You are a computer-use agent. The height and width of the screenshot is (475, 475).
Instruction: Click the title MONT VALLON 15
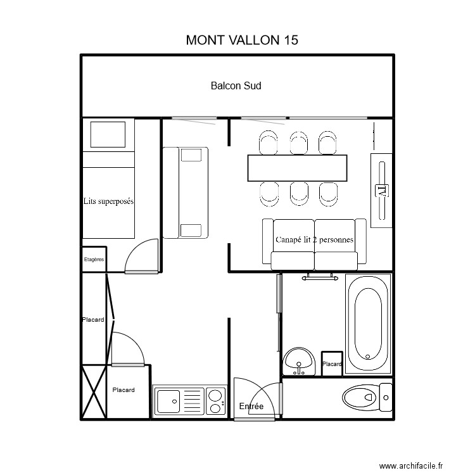click(x=242, y=39)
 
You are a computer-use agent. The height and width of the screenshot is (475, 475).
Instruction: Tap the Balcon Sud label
click(x=236, y=85)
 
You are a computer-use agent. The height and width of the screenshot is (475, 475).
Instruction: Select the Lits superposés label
click(x=109, y=201)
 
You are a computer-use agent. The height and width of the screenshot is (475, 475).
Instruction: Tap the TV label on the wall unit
click(x=381, y=189)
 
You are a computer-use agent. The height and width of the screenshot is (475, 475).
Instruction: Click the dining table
click(x=298, y=168)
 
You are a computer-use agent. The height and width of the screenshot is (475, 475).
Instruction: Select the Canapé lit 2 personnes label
click(x=314, y=239)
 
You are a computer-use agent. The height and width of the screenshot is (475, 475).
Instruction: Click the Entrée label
click(x=251, y=407)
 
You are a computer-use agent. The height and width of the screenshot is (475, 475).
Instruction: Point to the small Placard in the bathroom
click(x=332, y=364)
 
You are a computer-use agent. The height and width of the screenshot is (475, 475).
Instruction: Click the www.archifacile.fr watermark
click(x=411, y=466)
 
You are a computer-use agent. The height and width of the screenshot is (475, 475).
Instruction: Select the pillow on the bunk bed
click(x=108, y=135)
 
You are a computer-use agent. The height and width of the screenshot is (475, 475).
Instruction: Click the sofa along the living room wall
click(x=185, y=193)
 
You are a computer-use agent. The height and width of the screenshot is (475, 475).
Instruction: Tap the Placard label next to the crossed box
click(x=123, y=390)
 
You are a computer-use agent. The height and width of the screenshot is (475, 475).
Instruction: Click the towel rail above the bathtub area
click(x=319, y=277)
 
